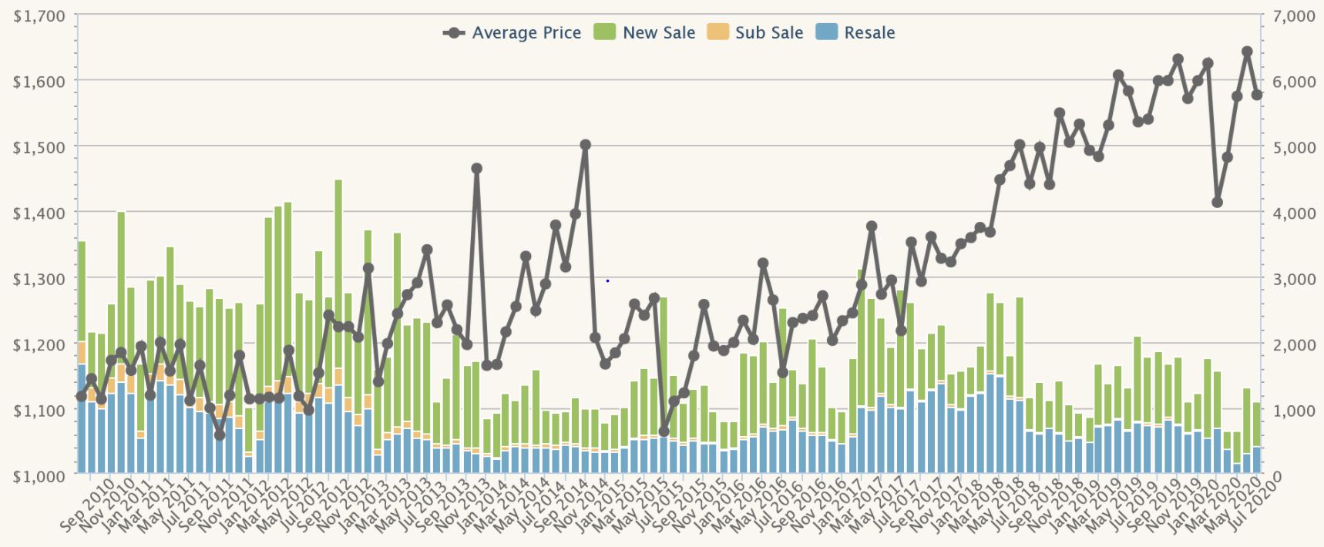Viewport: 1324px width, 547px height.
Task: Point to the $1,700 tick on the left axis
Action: pyautogui.click(x=39, y=15)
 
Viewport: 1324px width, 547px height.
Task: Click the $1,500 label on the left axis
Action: pyautogui.click(x=39, y=146)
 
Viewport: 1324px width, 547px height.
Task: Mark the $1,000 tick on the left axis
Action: pyautogui.click(x=39, y=476)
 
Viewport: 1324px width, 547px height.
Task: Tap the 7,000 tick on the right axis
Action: pyautogui.click(x=1292, y=15)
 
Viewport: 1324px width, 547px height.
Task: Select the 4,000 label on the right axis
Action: pyautogui.click(x=1292, y=213)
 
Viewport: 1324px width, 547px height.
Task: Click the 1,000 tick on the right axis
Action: pyautogui.click(x=1292, y=411)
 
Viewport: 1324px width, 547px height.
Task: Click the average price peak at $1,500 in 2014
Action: pyautogui.click(x=585, y=145)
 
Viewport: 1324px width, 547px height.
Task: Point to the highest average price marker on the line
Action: pyautogui.click(x=1247, y=52)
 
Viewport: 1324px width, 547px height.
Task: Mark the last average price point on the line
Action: pyautogui.click(x=1257, y=95)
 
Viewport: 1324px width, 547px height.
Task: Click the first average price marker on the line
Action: pyautogui.click(x=81, y=397)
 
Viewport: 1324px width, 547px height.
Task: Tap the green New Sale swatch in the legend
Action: pyautogui.click(x=605, y=32)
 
